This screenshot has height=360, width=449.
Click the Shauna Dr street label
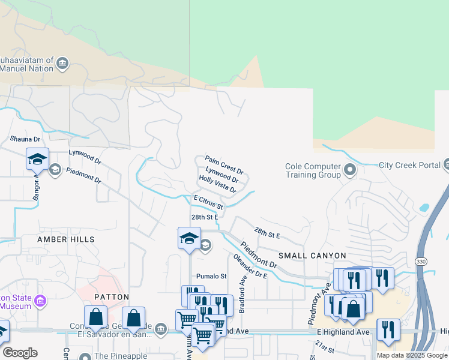click(x=25, y=139)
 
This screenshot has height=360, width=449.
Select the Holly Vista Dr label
click(x=217, y=184)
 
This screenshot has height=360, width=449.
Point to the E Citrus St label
click(x=208, y=202)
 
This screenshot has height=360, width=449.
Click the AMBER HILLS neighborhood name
click(x=66, y=239)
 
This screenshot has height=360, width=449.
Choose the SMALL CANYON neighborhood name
click(x=312, y=256)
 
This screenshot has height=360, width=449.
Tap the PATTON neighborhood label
click(x=112, y=297)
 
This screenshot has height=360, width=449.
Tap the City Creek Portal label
click(x=409, y=165)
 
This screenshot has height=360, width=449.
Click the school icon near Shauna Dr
click(x=37, y=159)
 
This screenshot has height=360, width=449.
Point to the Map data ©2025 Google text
click(x=412, y=355)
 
